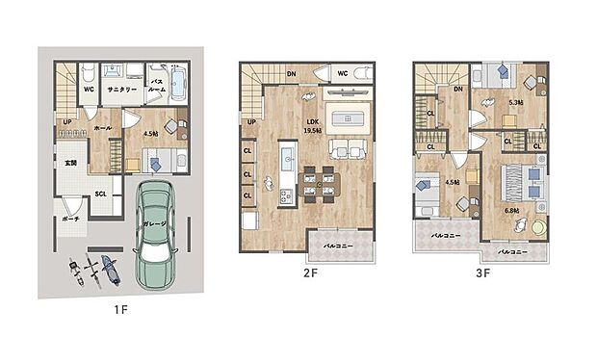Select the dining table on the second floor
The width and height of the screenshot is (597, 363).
(317, 180)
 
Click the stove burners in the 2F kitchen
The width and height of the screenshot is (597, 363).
(285, 196)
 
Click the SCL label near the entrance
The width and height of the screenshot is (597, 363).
(99, 193)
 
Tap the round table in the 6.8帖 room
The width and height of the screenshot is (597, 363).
(538, 227)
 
